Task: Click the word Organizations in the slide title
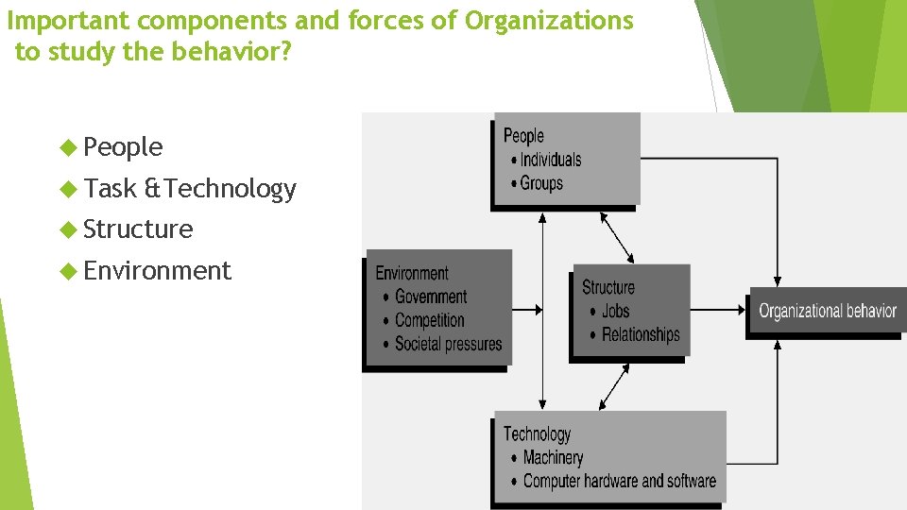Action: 549,21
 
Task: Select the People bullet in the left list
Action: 123,147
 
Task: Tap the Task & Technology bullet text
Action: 190,189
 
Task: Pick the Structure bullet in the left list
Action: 138,229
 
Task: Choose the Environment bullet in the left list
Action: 157,271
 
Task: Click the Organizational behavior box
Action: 828,311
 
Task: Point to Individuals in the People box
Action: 550,160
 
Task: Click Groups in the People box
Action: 541,183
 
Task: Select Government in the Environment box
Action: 431,297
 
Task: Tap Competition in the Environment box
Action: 430,320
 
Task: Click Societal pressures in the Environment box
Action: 448,344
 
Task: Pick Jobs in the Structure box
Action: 615,311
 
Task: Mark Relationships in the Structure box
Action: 641,334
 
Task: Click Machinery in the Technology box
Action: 553,457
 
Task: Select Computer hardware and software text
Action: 619,481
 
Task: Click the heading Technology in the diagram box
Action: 537,433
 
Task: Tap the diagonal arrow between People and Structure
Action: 618,237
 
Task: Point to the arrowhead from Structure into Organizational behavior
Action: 743,309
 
